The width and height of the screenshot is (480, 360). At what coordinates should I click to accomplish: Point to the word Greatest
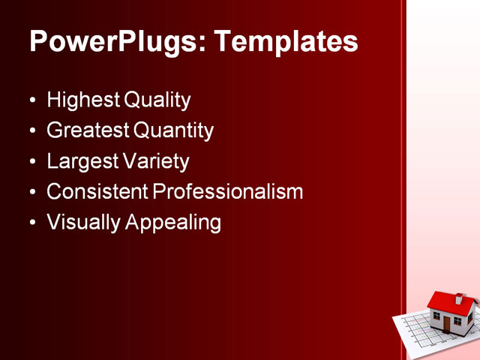coord(88,130)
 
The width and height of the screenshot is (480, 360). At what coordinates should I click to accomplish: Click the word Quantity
coord(174,130)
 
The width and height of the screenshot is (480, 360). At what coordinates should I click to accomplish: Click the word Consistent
coord(97,192)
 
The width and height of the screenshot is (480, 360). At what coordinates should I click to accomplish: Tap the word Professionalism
coord(228,192)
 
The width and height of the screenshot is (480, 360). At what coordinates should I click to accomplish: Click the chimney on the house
coord(459,298)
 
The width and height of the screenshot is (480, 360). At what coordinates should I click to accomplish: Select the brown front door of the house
coord(447,324)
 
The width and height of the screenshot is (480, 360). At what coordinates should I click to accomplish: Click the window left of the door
coord(436,316)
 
